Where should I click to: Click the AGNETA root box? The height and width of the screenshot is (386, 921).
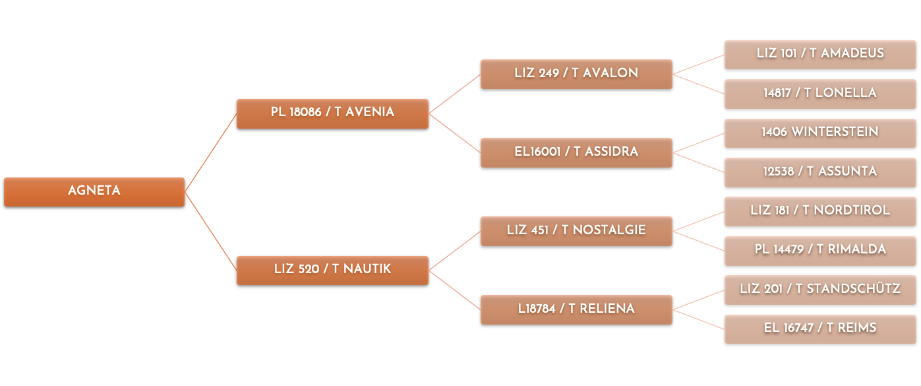pyautogui.click(x=94, y=192)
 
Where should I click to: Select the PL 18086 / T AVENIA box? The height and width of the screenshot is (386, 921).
pyautogui.click(x=332, y=113)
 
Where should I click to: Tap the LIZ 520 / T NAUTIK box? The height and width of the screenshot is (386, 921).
pyautogui.click(x=332, y=271)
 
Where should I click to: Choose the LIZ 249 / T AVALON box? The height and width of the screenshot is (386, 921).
pyautogui.click(x=576, y=74)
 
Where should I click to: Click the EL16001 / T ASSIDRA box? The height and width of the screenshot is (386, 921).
pyautogui.click(x=576, y=152)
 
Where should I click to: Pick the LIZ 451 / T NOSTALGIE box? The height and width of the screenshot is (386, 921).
pyautogui.click(x=576, y=232)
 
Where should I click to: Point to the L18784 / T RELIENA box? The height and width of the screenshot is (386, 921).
pyautogui.click(x=576, y=310)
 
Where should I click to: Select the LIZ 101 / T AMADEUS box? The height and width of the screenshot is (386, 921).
pyautogui.click(x=820, y=55)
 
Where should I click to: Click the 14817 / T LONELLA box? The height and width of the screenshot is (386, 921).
pyautogui.click(x=820, y=94)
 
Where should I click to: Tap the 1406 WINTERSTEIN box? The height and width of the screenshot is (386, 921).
pyautogui.click(x=820, y=133)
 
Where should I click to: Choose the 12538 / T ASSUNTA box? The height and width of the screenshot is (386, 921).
pyautogui.click(x=820, y=172)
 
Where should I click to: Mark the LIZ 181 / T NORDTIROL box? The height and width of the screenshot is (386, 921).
pyautogui.click(x=820, y=212)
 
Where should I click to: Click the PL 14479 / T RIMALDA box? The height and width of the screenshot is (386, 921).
pyautogui.click(x=820, y=251)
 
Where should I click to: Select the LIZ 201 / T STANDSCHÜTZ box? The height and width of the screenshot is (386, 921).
pyautogui.click(x=820, y=290)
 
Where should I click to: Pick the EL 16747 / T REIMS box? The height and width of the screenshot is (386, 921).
pyautogui.click(x=820, y=329)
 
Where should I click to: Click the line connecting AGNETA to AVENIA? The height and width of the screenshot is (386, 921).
pyautogui.click(x=211, y=152)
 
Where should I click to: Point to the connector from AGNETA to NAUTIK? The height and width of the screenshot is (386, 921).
pyautogui.click(x=211, y=232)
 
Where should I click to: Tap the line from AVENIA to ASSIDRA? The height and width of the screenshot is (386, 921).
pyautogui.click(x=454, y=133)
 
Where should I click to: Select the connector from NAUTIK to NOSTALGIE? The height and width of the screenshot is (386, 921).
pyautogui.click(x=454, y=251)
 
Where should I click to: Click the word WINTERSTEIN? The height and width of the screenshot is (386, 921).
pyautogui.click(x=835, y=132)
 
